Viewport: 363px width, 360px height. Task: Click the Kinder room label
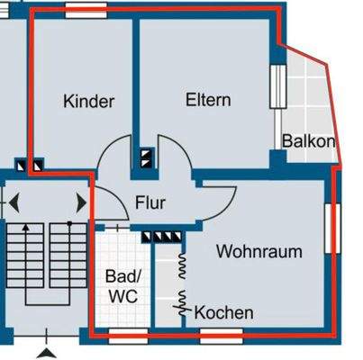coord(89,102)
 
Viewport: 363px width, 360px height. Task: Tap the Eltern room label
coord(208,100)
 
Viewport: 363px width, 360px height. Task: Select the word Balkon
coord(308,141)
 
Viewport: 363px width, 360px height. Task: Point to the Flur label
coord(150,203)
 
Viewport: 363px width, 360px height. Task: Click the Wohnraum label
coord(259,252)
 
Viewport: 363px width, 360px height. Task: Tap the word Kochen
coord(224,313)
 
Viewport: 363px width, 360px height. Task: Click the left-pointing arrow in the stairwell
coord(14,202)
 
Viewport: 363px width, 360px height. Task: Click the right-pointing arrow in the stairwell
coord(82,202)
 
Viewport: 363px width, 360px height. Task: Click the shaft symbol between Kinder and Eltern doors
coord(147,159)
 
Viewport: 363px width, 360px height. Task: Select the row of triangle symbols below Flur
coord(164,237)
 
